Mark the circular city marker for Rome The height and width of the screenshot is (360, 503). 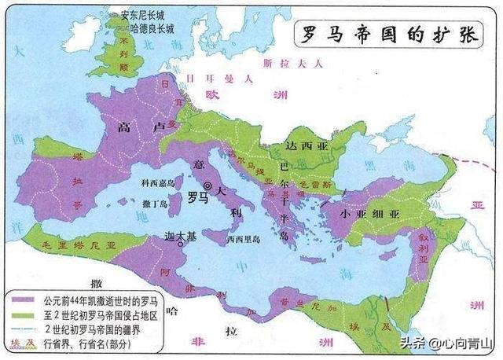click(207, 186)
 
